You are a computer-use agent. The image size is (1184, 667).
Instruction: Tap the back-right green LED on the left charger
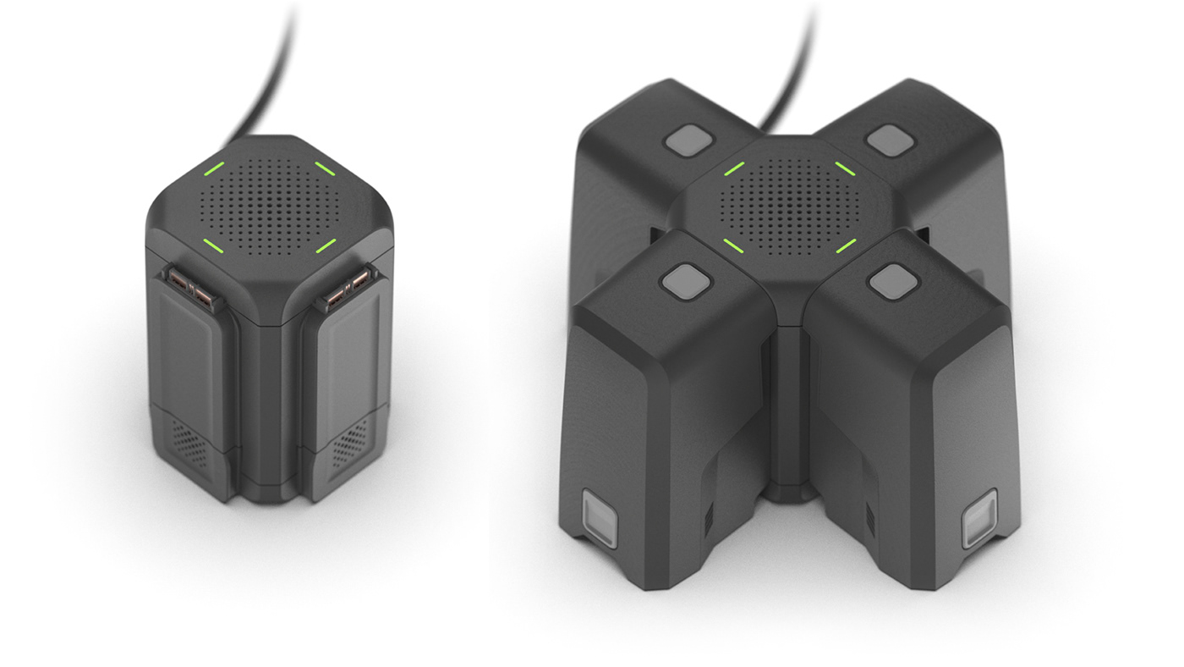(325, 168)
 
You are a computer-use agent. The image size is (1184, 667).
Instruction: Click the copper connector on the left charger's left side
(191, 288)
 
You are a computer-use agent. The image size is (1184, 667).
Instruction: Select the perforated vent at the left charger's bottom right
(348, 442)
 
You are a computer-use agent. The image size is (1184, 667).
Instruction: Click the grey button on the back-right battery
(889, 140)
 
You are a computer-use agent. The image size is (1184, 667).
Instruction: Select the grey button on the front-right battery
(888, 280)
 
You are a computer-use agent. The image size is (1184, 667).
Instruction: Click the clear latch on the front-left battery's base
(597, 519)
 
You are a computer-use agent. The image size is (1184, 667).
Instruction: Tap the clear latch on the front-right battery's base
(979, 516)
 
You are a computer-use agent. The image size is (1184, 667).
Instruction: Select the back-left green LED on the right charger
(734, 168)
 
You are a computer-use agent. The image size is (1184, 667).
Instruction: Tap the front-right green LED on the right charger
(845, 246)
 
